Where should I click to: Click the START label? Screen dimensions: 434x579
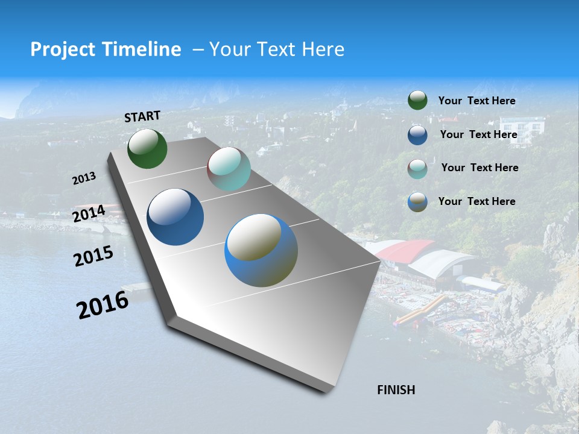142,116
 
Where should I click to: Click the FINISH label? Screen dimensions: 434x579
396,390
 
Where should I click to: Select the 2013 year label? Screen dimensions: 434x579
84,178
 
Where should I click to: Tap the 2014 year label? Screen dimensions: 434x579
89,213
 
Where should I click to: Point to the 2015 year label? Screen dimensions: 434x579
93,256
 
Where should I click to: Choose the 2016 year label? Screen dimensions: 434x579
103,304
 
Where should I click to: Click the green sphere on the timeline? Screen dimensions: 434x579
147,149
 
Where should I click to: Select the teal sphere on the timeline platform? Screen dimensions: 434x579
229,169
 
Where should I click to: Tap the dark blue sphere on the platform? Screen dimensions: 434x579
175,217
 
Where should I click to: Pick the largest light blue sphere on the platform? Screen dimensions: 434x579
261,250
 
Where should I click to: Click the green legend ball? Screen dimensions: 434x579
417,100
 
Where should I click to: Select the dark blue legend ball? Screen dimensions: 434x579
417,135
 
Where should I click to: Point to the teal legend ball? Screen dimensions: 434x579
417,169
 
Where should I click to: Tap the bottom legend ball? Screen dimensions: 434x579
417,202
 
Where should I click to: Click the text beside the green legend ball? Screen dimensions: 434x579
476,101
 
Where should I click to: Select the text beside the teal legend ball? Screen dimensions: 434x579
479,168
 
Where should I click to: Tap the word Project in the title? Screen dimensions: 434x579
60,49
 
